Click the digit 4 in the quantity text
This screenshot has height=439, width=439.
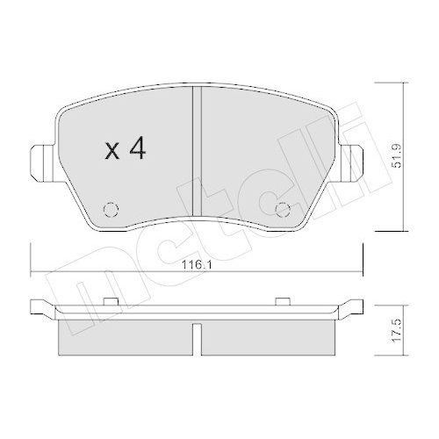136,150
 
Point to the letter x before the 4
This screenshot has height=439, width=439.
112,153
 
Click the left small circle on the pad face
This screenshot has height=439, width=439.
110,209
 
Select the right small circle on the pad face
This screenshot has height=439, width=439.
283,209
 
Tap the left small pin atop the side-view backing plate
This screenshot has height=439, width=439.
111,304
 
